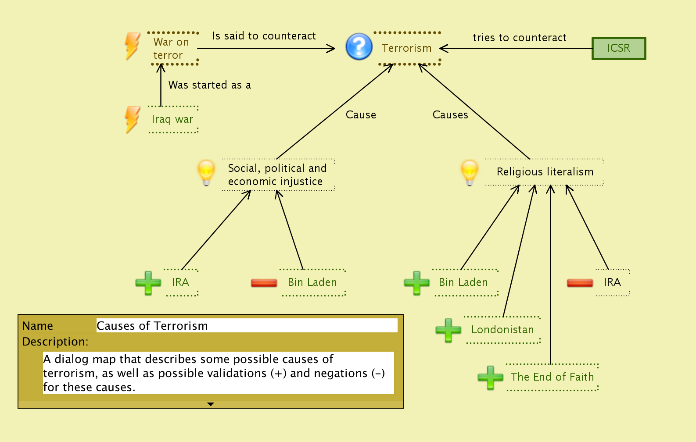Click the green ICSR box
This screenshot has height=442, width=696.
(x=619, y=48)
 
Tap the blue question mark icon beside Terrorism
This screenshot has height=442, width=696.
(x=359, y=46)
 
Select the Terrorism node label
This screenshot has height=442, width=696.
(x=406, y=48)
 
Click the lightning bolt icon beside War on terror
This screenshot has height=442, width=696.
(x=132, y=46)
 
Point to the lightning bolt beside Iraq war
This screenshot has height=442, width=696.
(x=132, y=119)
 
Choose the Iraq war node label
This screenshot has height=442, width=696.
(x=172, y=119)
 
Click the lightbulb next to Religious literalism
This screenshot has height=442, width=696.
(x=469, y=172)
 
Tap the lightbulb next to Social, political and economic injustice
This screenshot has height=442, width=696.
(x=206, y=172)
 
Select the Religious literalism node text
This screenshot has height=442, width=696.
(x=545, y=172)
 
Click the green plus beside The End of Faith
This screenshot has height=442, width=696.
(x=490, y=378)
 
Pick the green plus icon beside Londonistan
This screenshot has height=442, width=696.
(x=448, y=330)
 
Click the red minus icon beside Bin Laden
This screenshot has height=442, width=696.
(x=264, y=283)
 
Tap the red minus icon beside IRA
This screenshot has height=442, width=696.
(x=580, y=283)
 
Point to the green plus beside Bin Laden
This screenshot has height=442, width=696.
(x=416, y=283)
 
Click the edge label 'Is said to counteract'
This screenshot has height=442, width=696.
(x=264, y=36)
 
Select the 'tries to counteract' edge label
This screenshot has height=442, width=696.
(x=519, y=38)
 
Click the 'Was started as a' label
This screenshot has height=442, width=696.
(x=209, y=85)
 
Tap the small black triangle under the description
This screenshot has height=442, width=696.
(x=211, y=404)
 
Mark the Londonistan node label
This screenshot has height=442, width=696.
(x=502, y=330)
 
